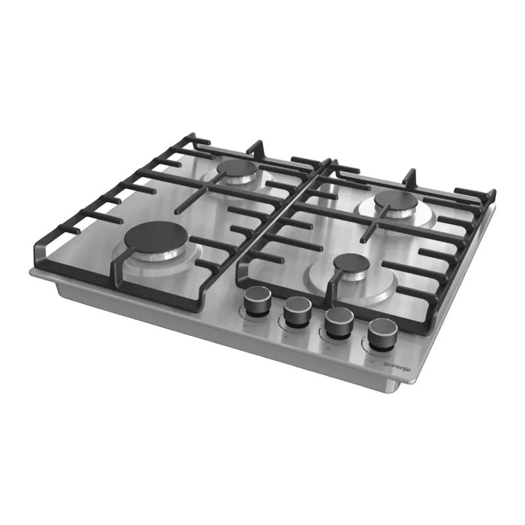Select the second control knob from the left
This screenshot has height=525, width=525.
[298, 312]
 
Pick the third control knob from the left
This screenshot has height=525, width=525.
[339, 323]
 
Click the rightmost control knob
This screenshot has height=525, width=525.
[382, 334]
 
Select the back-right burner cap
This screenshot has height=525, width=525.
[396, 201]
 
